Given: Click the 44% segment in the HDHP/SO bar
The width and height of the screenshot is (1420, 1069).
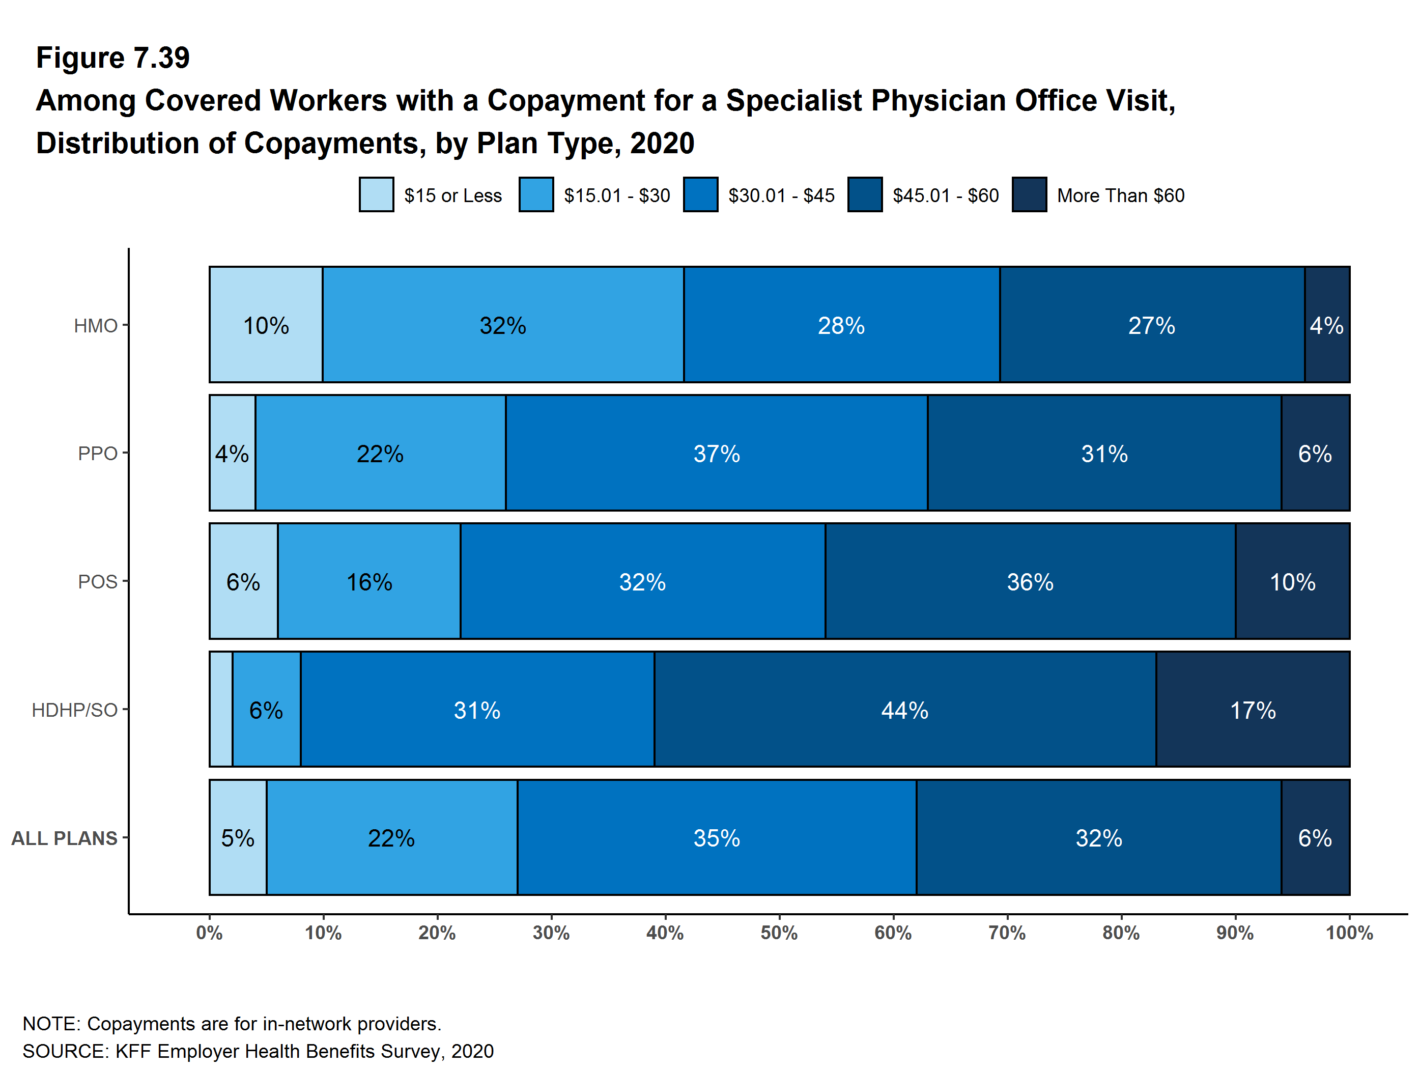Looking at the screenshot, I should click(x=904, y=710).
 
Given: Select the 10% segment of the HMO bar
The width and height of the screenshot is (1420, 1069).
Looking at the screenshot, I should click(x=266, y=325).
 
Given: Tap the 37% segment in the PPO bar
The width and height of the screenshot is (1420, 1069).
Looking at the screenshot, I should click(x=717, y=453).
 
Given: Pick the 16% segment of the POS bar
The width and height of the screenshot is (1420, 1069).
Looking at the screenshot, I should click(x=369, y=582).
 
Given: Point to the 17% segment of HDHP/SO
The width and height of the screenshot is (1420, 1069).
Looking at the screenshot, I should click(x=1253, y=710).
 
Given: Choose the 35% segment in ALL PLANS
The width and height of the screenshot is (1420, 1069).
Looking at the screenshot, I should click(x=717, y=838).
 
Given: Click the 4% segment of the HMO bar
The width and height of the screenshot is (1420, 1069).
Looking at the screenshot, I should click(x=1327, y=325).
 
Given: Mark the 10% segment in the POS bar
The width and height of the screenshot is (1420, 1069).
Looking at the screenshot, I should click(x=1292, y=582).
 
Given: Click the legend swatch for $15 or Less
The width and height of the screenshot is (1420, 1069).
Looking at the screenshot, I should click(x=376, y=194).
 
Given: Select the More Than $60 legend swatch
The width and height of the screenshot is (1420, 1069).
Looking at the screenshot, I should click(x=1029, y=194).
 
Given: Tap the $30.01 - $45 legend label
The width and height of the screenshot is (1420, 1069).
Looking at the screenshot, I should click(x=781, y=195).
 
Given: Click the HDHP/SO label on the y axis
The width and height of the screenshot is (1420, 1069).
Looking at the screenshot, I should click(x=74, y=710).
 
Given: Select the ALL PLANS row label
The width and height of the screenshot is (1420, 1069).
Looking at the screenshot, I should click(x=64, y=838).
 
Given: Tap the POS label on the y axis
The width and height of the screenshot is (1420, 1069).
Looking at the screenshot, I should click(x=98, y=582).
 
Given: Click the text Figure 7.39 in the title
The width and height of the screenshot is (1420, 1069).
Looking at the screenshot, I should click(x=113, y=58).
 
